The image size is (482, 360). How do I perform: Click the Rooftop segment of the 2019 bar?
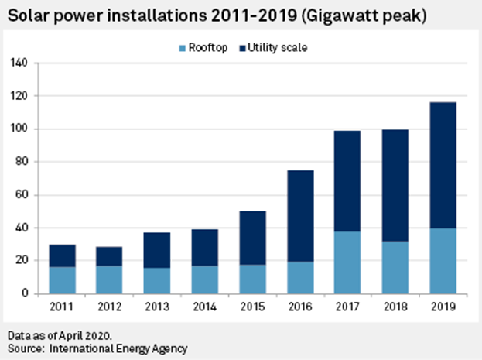[443, 261]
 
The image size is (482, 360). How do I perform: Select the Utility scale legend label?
[281, 48]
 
